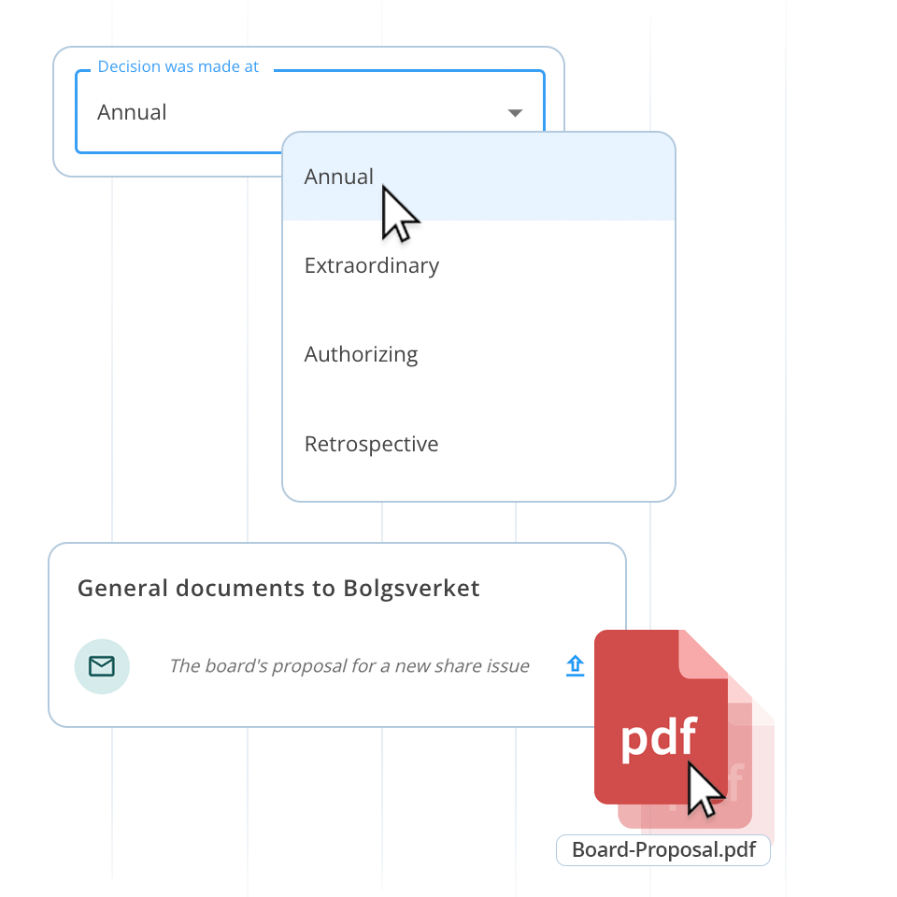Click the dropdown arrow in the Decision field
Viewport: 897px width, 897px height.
[515, 113]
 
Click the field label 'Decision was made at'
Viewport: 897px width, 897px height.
[178, 67]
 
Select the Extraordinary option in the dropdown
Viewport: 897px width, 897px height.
[371, 265]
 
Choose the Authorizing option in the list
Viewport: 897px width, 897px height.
[361, 354]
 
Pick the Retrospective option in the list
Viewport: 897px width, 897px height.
[371, 444]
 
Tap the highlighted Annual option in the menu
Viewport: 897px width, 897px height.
[338, 177]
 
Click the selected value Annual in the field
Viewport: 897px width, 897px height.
[132, 112]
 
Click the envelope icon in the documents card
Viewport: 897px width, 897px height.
[102, 666]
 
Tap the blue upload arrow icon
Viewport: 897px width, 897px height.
[575, 665]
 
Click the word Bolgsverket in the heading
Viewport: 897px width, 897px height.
[411, 589]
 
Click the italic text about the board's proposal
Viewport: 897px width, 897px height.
[349, 666]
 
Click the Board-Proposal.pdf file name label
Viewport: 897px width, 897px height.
[663, 850]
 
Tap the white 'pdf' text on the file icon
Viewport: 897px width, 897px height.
[659, 737]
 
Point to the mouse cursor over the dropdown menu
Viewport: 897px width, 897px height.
[399, 214]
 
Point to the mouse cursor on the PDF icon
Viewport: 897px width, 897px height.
[704, 790]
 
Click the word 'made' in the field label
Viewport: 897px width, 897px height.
[222, 67]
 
